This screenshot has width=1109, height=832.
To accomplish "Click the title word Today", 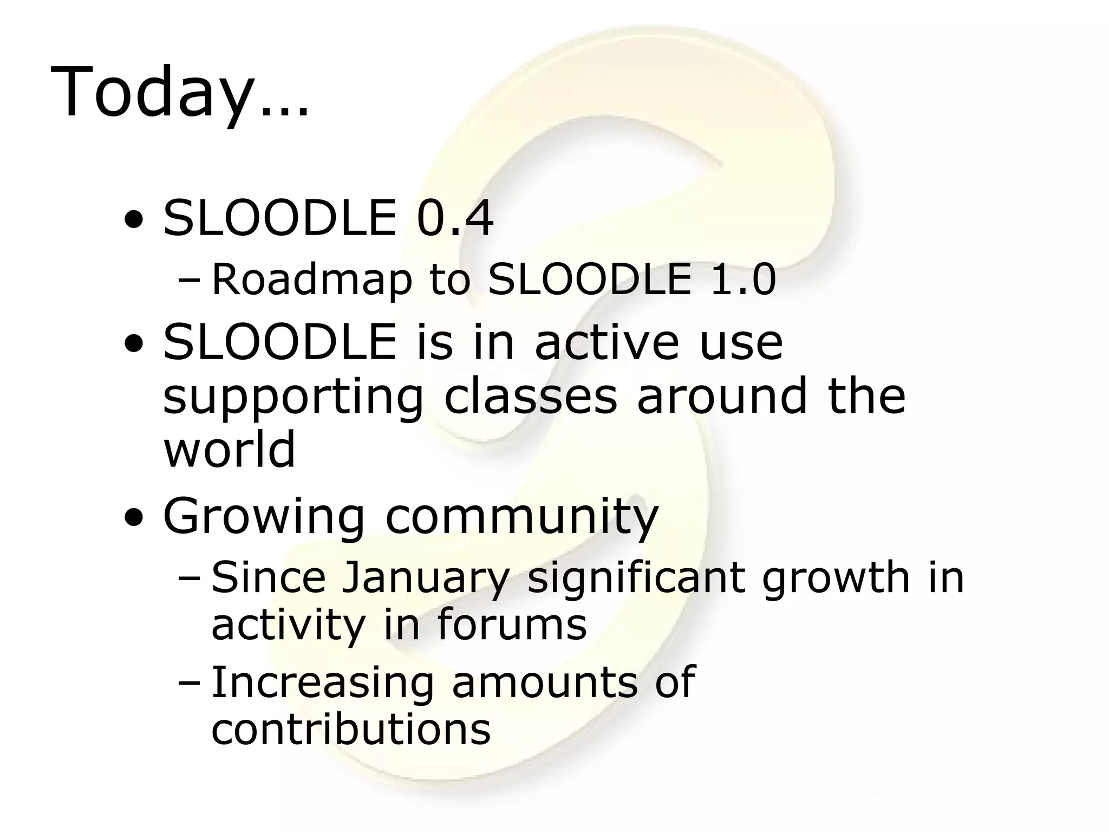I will click(x=152, y=92).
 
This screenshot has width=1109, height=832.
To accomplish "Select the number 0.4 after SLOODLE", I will click(x=455, y=218).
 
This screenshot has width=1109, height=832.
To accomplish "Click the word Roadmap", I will click(x=311, y=280).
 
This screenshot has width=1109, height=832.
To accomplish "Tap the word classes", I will click(x=531, y=396).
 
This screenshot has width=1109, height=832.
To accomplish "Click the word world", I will click(x=230, y=448).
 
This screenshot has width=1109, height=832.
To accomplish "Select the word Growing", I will click(x=264, y=518).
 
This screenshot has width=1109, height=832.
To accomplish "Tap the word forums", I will click(x=512, y=624).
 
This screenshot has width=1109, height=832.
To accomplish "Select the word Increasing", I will click(x=323, y=684).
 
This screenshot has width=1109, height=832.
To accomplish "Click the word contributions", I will click(x=351, y=729).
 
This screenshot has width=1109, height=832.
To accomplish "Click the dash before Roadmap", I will click(x=188, y=282).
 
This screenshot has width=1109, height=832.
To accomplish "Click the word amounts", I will click(x=545, y=682).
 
